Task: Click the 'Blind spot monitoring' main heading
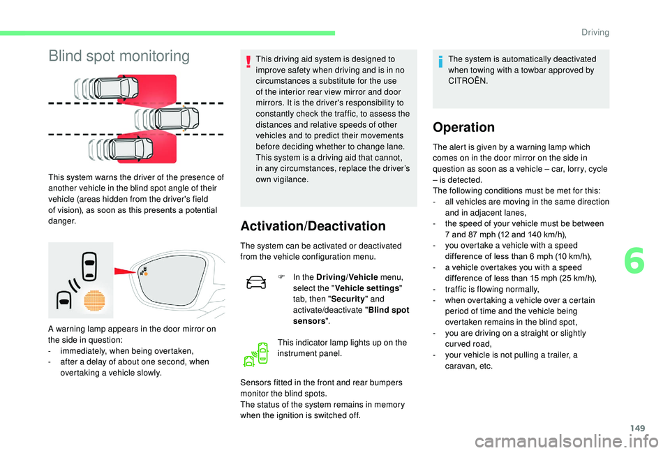click(x=119, y=56)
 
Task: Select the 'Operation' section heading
click(x=463, y=128)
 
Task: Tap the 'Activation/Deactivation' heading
click(x=312, y=226)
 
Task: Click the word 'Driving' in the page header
click(x=594, y=32)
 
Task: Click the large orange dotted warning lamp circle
click(x=94, y=299)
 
